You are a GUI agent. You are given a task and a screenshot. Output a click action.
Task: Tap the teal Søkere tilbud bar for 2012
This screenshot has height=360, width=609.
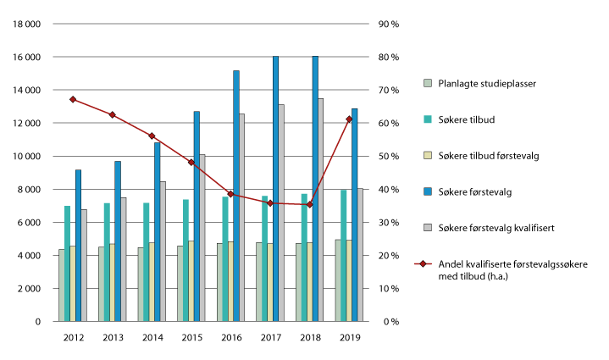point(67,263)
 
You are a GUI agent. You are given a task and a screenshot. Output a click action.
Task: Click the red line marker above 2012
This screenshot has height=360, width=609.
point(73,100)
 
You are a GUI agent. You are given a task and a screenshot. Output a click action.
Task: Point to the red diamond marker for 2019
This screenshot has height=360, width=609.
point(349,119)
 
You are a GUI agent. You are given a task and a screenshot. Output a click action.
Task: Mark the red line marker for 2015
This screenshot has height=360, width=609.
point(191,163)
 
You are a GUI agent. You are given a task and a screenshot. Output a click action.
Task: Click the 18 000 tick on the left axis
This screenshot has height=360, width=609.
point(26,24)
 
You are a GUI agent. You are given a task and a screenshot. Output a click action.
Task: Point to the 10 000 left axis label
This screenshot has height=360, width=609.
point(26,157)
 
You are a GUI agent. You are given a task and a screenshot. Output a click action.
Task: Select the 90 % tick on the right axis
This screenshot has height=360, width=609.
point(389,24)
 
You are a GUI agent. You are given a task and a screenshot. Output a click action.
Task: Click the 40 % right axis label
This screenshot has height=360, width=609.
point(389,190)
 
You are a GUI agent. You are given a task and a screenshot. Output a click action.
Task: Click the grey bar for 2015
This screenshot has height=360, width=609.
point(202,238)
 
